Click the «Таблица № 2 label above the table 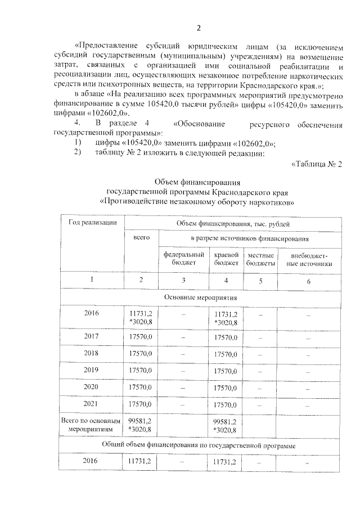point(317,164)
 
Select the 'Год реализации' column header point(92,223)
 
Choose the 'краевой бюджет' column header point(227,259)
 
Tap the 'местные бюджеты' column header point(260,259)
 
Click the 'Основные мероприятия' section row point(201,297)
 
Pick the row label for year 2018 point(91,354)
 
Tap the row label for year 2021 point(91,404)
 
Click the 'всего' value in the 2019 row point(141,371)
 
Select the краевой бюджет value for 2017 point(227,337)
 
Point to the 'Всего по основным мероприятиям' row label point(91,425)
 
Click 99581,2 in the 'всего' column point(141,421)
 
